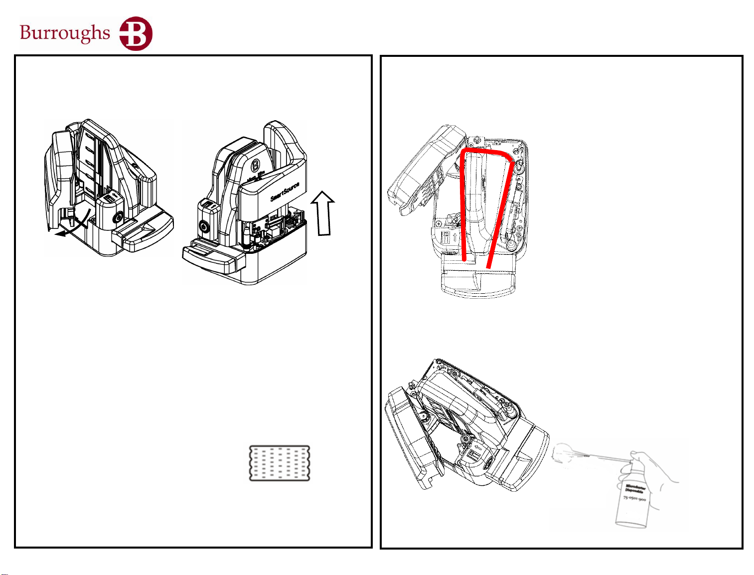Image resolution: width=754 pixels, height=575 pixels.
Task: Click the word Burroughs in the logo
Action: tap(65, 33)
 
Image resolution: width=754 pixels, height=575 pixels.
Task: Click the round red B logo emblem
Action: tap(136, 33)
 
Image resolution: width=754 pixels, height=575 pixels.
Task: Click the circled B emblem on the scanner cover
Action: tap(256, 165)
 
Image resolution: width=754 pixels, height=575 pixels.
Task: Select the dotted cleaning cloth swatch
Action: tap(280, 463)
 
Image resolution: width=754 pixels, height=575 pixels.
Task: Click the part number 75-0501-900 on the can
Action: tap(634, 498)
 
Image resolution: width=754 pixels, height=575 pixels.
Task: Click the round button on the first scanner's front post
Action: tap(118, 218)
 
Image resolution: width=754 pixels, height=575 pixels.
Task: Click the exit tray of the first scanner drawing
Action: tap(145, 234)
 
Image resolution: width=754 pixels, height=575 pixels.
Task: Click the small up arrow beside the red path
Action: tap(454, 236)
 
